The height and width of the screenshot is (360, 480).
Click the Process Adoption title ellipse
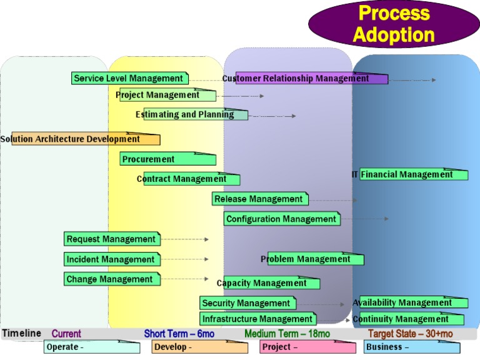[x=394, y=24]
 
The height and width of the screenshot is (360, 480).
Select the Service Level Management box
[x=129, y=79]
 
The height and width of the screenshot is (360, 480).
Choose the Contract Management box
[x=191, y=179]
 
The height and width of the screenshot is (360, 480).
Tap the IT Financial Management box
[x=413, y=175]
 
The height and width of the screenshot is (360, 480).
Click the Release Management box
[x=260, y=199]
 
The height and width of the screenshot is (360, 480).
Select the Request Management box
[x=112, y=239]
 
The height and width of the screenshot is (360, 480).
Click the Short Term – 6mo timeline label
[x=179, y=334]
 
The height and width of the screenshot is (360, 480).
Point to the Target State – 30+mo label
[x=410, y=334]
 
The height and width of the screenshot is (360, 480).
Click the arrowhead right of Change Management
[x=207, y=279]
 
